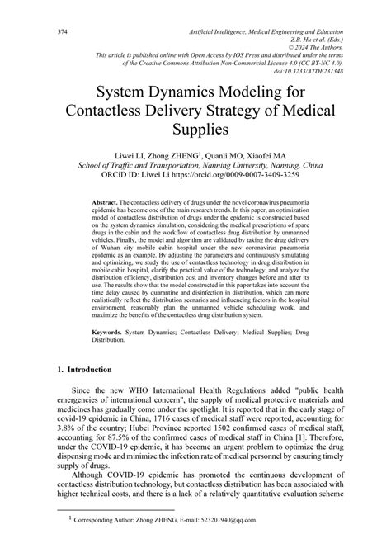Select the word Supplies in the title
195,130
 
